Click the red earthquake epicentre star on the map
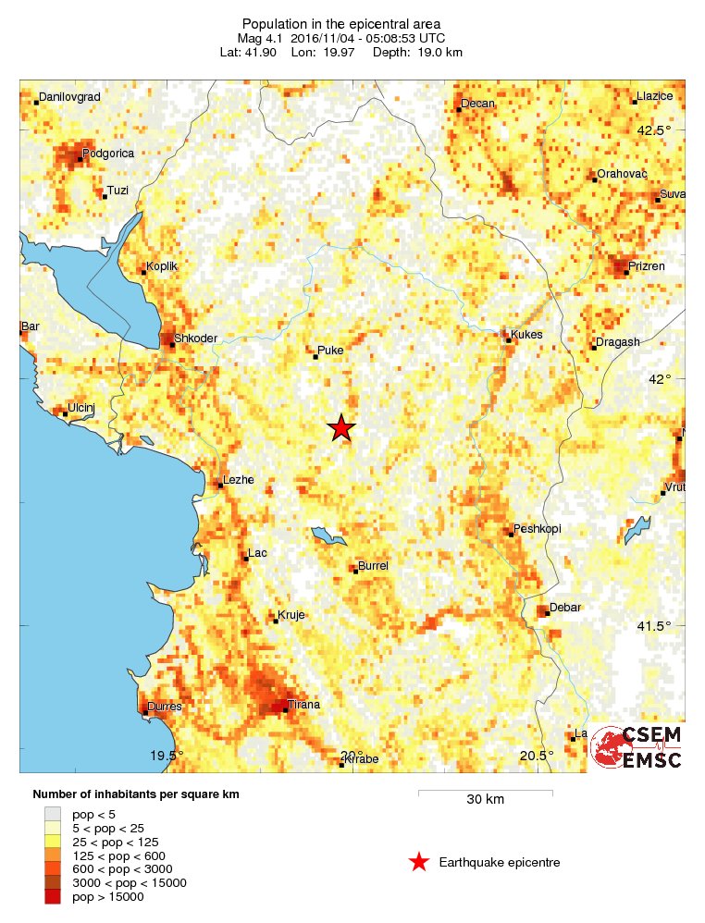(x=341, y=427)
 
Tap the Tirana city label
(x=303, y=705)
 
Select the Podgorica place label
(x=108, y=154)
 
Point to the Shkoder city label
(x=196, y=338)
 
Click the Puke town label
(x=330, y=351)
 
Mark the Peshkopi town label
(x=538, y=529)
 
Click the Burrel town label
(x=373, y=565)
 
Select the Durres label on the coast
(x=164, y=707)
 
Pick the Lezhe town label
(x=238, y=480)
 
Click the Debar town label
(x=564, y=608)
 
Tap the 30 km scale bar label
(x=485, y=800)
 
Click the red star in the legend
(x=419, y=862)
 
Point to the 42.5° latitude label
(x=653, y=129)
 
